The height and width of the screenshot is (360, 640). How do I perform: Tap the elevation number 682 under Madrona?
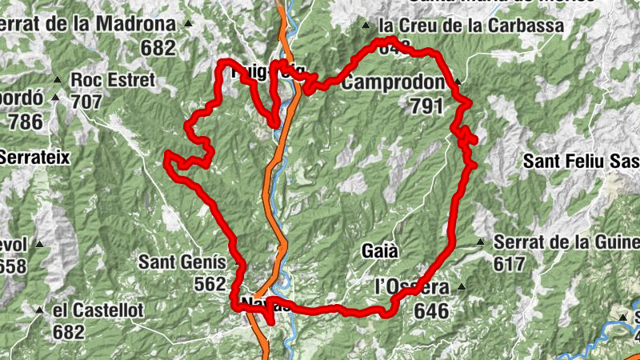point(157,47)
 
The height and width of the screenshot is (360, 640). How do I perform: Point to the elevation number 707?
point(86,102)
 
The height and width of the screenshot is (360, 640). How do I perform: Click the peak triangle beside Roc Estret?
point(57,80)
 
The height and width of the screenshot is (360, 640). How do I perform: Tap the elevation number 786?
point(25,122)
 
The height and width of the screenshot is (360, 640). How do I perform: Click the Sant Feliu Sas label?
point(581,161)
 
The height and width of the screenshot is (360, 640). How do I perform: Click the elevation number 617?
point(510,263)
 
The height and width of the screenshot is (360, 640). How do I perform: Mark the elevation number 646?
point(431,310)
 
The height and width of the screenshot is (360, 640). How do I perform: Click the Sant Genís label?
point(182,262)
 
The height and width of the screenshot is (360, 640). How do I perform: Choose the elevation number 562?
point(210,283)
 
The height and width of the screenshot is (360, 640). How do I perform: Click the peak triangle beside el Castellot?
point(38,309)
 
